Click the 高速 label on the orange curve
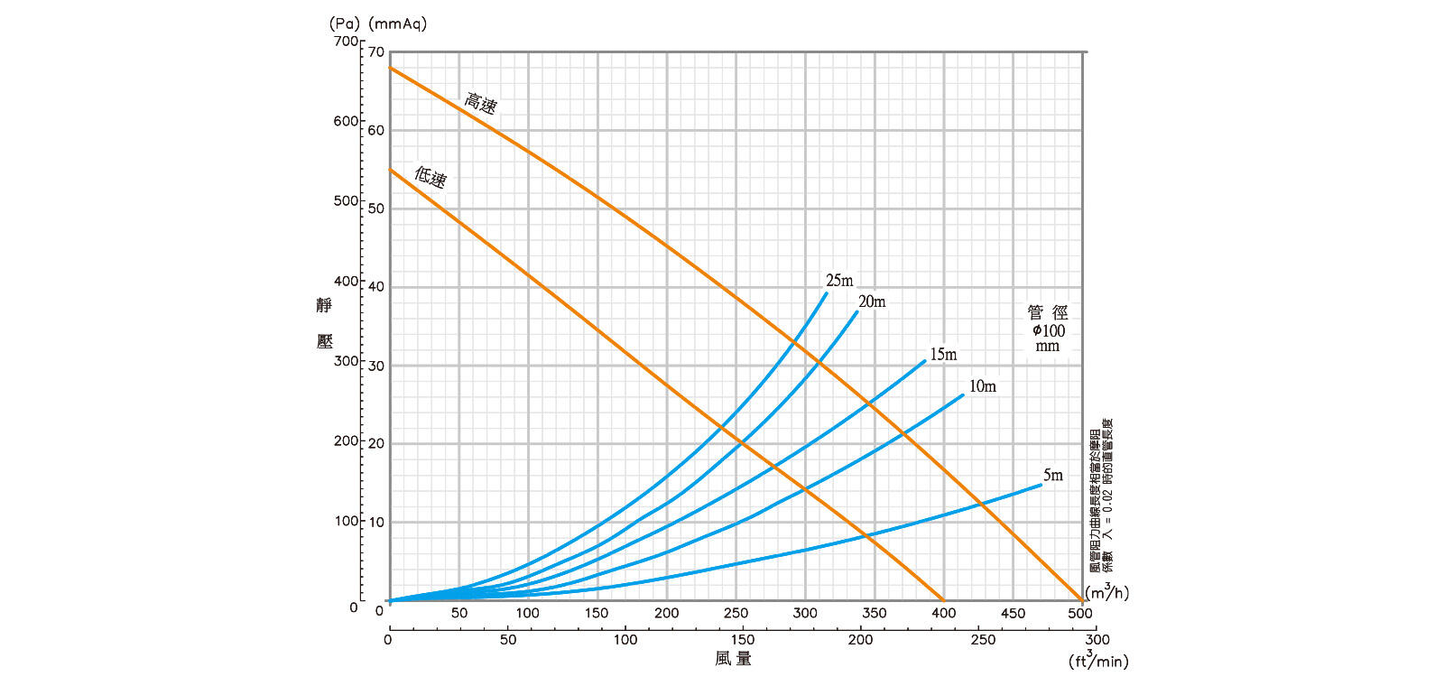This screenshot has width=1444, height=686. click(x=480, y=103)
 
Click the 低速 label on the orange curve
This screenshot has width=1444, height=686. click(x=430, y=176)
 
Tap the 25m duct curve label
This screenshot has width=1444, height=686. click(x=839, y=281)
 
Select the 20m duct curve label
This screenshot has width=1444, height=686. click(x=872, y=301)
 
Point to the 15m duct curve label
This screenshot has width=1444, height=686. click(x=943, y=355)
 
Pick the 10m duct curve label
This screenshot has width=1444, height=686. click(x=983, y=386)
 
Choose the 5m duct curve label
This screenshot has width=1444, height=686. click(x=1053, y=475)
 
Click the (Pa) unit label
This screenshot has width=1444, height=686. click(x=343, y=23)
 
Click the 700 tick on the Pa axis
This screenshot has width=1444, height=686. click(x=346, y=42)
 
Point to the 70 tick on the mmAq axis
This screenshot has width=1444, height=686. click(x=376, y=52)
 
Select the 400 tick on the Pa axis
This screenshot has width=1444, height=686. click(x=346, y=281)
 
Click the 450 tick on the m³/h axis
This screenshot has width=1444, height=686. click(x=1013, y=613)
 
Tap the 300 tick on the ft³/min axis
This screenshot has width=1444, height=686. click(x=1097, y=639)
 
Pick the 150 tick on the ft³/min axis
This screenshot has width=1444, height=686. click(x=742, y=639)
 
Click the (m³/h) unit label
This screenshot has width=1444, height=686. click(x=1106, y=592)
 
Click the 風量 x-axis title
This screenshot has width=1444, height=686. click(x=733, y=659)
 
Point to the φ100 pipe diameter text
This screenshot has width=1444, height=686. click(x=1048, y=330)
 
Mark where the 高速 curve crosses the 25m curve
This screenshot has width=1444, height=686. click(x=793, y=341)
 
